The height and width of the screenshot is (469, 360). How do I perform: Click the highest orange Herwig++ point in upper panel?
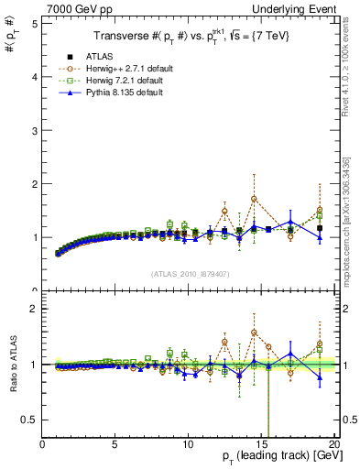click(x=254, y=199)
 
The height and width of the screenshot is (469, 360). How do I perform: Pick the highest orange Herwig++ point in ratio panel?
click(x=254, y=333)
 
